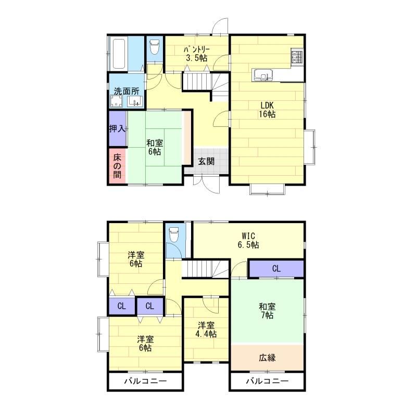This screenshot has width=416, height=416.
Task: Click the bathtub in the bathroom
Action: [x=119, y=54]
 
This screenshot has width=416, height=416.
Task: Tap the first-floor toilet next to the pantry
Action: [x=154, y=47]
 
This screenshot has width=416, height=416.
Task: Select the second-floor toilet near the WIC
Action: [x=174, y=235]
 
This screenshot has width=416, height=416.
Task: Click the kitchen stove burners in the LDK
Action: [x=297, y=57]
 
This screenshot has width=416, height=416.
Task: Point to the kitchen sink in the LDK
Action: [x=263, y=74]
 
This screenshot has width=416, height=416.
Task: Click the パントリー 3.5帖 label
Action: [x=197, y=54]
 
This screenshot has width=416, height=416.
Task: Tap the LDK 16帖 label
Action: [x=267, y=110]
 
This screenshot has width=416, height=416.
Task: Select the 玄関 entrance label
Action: [x=206, y=161]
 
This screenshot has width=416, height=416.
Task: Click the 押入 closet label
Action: [x=117, y=129]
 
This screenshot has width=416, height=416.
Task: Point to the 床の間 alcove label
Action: [x=117, y=166]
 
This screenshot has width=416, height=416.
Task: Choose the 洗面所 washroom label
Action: [x=127, y=92]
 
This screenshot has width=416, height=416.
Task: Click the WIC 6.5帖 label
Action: [x=248, y=240]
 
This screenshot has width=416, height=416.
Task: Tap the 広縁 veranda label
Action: [x=267, y=358]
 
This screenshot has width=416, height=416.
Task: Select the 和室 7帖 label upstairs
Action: [x=267, y=311]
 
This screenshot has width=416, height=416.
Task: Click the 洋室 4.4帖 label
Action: [x=206, y=330]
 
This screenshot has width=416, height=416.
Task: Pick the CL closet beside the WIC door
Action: [x=276, y=269]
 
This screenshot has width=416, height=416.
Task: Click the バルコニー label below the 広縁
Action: [x=267, y=381]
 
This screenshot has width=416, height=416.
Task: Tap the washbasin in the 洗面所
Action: [x=135, y=101]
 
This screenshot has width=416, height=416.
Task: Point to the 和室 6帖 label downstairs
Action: [x=155, y=148]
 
